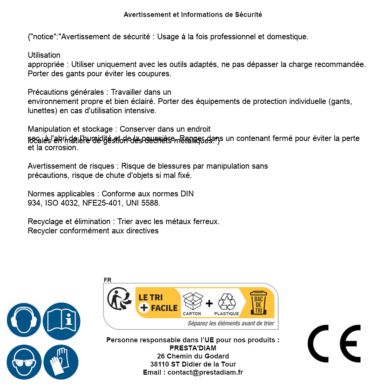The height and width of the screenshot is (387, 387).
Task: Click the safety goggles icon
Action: pyautogui.click(x=23, y=362)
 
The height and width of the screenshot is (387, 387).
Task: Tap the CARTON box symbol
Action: pyautogui.click(x=192, y=302)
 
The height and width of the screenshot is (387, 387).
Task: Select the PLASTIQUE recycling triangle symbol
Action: pyautogui.click(x=226, y=302)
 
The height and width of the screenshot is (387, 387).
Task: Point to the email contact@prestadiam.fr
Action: pyautogui.click(x=205, y=372)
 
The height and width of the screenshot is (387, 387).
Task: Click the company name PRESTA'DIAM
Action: pyautogui.click(x=193, y=348)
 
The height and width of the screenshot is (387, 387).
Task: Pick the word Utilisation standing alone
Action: pyautogui.click(x=44, y=55)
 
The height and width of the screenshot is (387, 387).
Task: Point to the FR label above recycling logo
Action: pyautogui.click(x=107, y=280)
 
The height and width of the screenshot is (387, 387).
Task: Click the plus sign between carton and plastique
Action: pyautogui.click(x=209, y=303)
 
